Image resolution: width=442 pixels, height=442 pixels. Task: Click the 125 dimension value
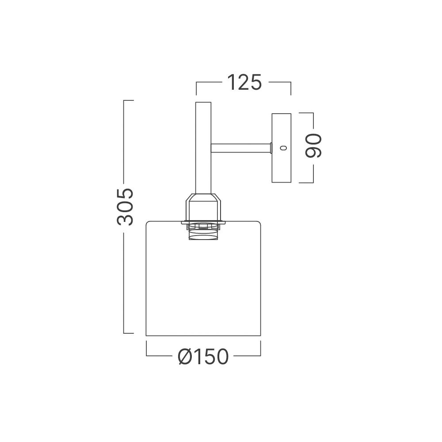[244, 82]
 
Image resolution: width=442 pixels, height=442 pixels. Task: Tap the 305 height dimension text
[125, 207]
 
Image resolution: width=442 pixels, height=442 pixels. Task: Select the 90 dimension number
[314, 145]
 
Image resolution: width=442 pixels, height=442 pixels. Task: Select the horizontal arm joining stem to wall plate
[241, 148]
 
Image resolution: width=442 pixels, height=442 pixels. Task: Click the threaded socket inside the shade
[203, 233]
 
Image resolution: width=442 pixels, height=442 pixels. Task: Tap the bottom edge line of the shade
[203, 336]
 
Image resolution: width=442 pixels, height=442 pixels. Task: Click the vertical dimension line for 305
[124, 265]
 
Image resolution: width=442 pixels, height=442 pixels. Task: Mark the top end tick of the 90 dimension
[307, 113]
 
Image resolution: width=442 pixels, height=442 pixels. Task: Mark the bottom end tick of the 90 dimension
[307, 182]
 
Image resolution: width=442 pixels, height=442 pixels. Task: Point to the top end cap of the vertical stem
[203, 102]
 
